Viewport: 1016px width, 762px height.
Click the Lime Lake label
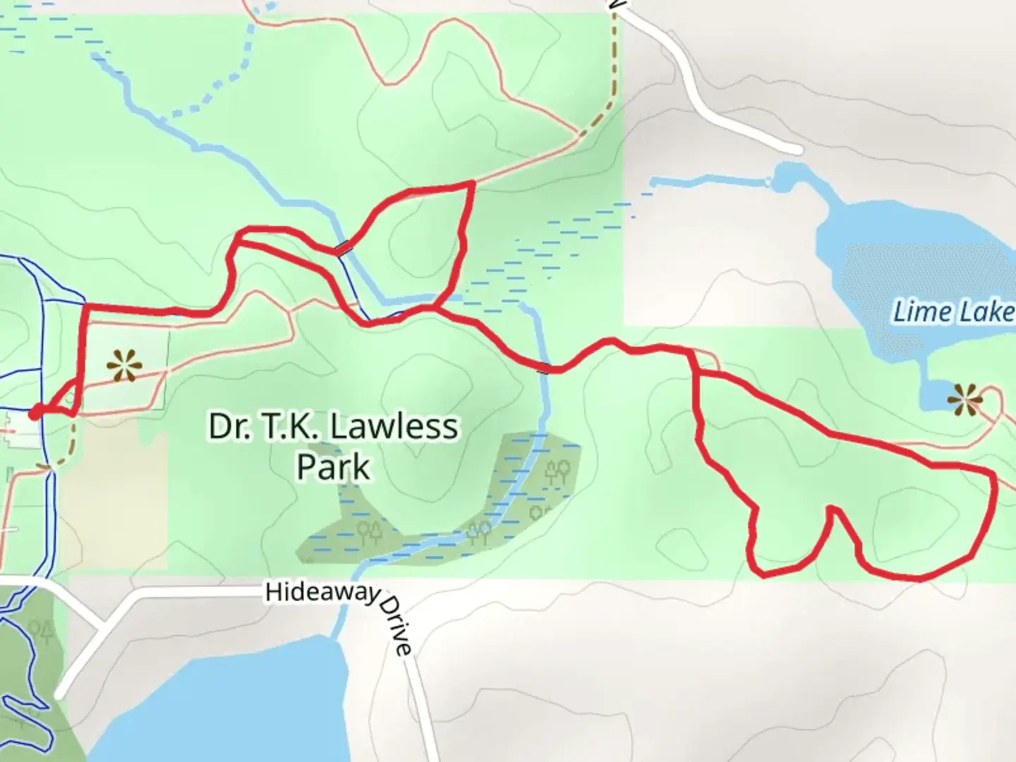953,311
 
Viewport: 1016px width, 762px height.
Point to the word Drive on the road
397,625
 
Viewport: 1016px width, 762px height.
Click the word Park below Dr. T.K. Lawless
333,467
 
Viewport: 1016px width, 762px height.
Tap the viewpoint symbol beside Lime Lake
964,399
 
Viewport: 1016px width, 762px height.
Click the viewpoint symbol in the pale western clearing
124,367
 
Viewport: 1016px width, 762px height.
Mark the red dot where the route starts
35,413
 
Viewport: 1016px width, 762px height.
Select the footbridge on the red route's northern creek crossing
343,248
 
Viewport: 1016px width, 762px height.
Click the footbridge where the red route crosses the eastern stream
545,367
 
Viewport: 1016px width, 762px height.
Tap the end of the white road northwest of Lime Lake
797,149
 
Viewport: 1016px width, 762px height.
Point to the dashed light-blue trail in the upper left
205,99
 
